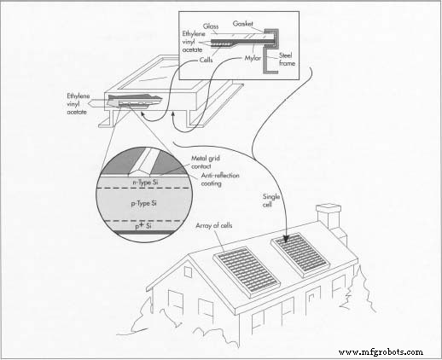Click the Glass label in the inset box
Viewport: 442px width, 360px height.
tap(211, 26)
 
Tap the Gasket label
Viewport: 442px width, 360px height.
tap(242, 24)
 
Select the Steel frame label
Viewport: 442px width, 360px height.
tap(287, 59)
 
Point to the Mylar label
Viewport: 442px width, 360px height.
tap(253, 58)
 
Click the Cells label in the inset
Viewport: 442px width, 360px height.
tap(206, 60)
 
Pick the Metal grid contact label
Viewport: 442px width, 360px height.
tap(206, 162)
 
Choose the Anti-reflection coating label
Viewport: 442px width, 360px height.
tap(220, 179)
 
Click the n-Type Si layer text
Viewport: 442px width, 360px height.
tap(145, 183)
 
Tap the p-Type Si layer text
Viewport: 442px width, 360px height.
tap(143, 204)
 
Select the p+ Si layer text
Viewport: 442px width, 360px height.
tap(142, 226)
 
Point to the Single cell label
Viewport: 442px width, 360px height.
tap(271, 200)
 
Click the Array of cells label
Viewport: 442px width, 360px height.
tap(214, 225)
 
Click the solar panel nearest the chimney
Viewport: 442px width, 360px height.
tap(300, 254)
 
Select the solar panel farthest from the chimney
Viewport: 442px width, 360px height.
tap(247, 272)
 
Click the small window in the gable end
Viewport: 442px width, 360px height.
tap(188, 272)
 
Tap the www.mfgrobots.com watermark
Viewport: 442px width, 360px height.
tap(381, 352)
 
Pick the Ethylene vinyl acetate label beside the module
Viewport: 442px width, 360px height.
tap(78, 104)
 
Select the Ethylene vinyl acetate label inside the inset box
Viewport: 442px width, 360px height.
tap(194, 42)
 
